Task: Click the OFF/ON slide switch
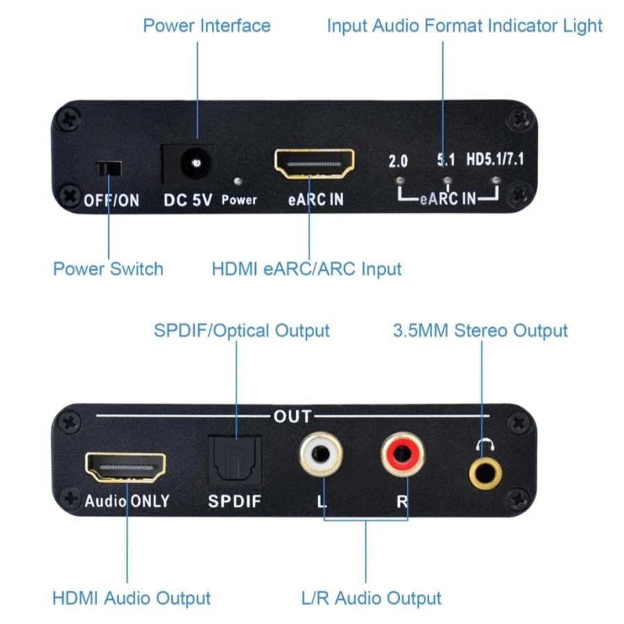point(109,168)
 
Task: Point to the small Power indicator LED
point(238,182)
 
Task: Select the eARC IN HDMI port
point(314,164)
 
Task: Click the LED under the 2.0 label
point(400,181)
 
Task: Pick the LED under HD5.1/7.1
point(495,180)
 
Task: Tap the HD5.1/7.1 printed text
point(495,159)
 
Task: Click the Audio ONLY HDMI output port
point(125,467)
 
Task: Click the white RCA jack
point(321,454)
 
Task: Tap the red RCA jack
point(402,454)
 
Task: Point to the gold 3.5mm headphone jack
point(485,473)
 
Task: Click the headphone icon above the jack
point(485,445)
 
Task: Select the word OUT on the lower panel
point(293,417)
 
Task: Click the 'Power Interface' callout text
point(207,26)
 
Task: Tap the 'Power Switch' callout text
point(108,269)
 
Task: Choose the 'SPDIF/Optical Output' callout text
point(241,331)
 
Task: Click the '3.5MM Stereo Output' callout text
point(480,331)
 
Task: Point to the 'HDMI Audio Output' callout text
point(131,598)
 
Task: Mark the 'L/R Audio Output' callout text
point(372,598)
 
